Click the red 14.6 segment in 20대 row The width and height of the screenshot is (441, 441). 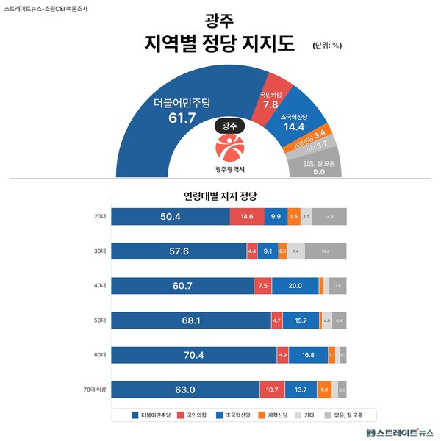[x=247, y=217]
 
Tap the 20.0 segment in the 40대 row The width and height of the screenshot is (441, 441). [x=295, y=286]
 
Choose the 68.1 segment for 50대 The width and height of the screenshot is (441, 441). [x=190, y=320]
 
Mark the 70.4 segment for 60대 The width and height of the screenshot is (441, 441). [x=193, y=355]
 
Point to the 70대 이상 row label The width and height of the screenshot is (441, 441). [x=96, y=390]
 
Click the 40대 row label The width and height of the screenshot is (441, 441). [x=101, y=286]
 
